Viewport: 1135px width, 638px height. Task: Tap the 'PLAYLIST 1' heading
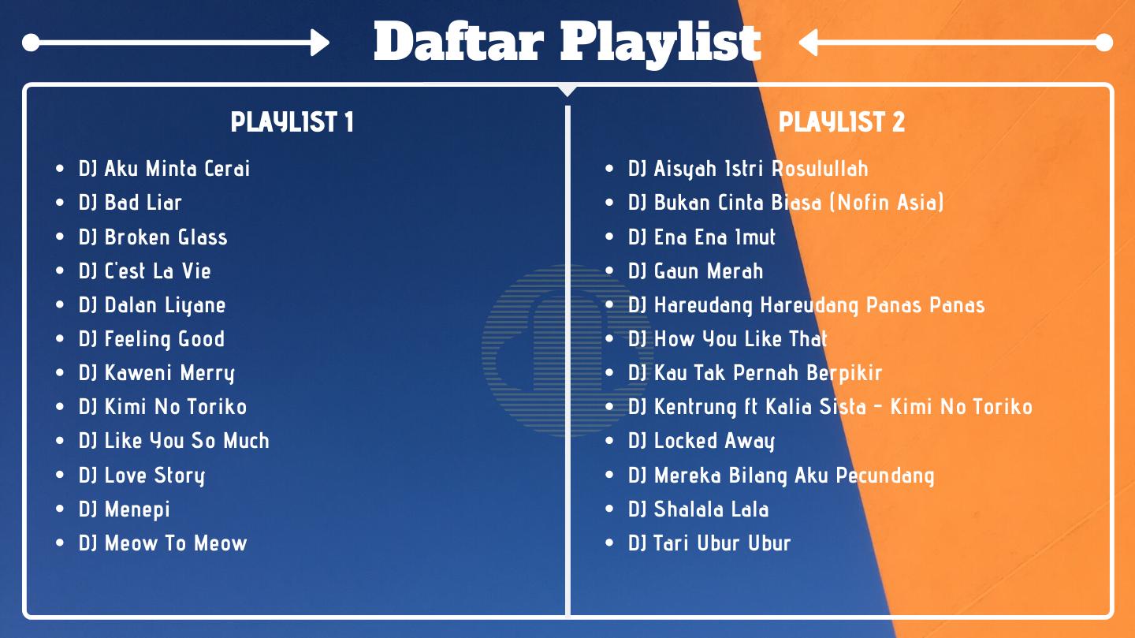[292, 121]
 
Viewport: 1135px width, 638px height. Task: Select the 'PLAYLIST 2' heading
[841, 121]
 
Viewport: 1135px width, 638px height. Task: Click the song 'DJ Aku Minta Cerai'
[164, 169]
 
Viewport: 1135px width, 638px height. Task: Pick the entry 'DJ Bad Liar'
[130, 203]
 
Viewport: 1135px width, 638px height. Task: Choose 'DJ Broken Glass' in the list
[153, 237]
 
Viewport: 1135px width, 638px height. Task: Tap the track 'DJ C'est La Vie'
[145, 270]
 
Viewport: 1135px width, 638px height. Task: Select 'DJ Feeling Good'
[151, 339]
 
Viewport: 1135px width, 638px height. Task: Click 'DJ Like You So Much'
[173, 441]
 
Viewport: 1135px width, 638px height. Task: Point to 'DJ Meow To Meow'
[163, 543]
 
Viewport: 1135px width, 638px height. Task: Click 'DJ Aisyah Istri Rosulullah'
[749, 169]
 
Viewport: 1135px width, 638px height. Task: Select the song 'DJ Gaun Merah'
[696, 270]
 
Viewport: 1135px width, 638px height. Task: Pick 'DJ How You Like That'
[728, 339]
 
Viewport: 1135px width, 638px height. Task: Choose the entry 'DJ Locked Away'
[701, 441]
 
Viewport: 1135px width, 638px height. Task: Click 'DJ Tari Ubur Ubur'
[709, 543]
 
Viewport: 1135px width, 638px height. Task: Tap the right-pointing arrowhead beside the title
[320, 43]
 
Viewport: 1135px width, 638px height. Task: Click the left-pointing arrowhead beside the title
[809, 43]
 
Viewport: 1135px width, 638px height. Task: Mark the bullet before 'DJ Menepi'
[60, 509]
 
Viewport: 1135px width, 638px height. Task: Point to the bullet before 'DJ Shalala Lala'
[609, 509]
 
